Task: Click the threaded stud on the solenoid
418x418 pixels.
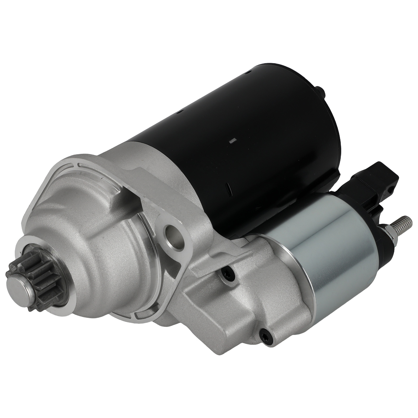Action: coord(404,224)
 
